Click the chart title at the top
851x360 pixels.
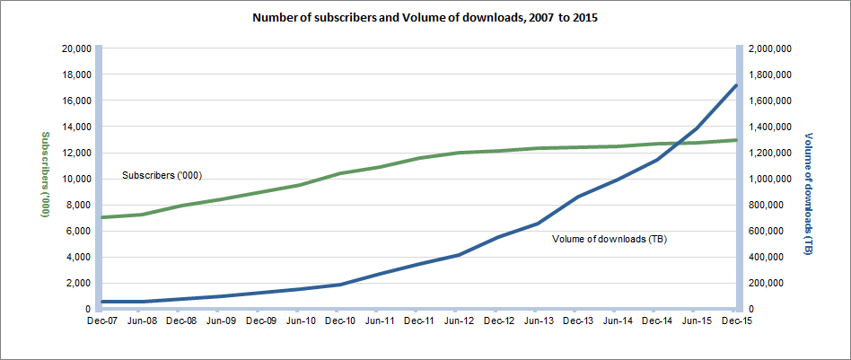(425, 17)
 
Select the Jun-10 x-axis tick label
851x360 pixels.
(300, 320)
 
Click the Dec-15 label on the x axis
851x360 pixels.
(735, 320)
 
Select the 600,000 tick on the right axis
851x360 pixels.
(765, 231)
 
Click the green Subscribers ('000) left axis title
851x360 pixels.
(42, 175)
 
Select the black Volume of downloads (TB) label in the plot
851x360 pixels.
(609, 240)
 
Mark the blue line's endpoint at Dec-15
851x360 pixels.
(736, 85)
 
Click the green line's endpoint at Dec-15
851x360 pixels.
(736, 140)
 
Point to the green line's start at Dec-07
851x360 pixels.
(102, 217)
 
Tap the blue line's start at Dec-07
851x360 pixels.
(102, 302)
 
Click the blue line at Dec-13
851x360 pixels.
(577, 197)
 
